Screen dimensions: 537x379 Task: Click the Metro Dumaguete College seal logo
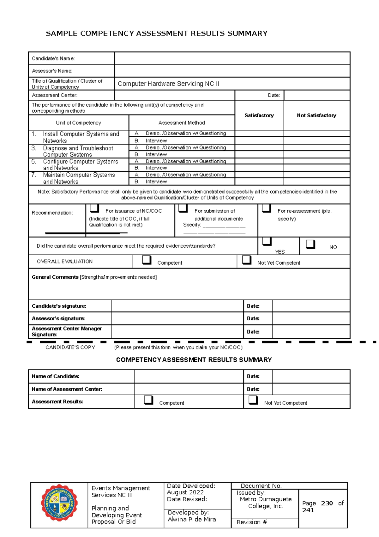pyautogui.click(x=59, y=503)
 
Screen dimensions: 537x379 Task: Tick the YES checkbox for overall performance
pyautogui.click(x=267, y=241)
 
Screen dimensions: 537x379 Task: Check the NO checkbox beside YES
pyautogui.click(x=310, y=244)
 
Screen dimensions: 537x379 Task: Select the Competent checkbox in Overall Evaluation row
pyautogui.click(x=147, y=260)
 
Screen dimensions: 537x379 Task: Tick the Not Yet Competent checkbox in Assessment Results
pyautogui.click(x=253, y=400)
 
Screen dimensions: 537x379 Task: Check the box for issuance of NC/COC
pyautogui.click(x=94, y=208)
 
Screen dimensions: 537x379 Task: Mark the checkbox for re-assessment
pyautogui.click(x=266, y=208)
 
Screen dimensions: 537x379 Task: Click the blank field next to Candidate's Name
pyautogui.click(x=232, y=59)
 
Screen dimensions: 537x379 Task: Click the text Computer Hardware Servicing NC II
pyautogui.click(x=168, y=84)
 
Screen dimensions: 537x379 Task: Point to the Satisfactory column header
pyautogui.click(x=259, y=115)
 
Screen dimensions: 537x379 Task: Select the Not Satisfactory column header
pyautogui.click(x=316, y=115)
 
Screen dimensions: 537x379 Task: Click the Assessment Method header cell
pyautogui.click(x=182, y=123)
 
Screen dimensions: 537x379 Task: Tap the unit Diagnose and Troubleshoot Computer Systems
pyautogui.click(x=78, y=151)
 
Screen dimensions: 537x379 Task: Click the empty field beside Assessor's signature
pyautogui.click(x=177, y=318)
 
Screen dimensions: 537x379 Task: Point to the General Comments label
pyautogui.click(x=55, y=277)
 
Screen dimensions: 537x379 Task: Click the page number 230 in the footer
pyautogui.click(x=327, y=503)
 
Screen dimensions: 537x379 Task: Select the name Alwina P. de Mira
pyautogui.click(x=192, y=519)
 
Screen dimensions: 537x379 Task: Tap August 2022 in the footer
pyautogui.click(x=185, y=492)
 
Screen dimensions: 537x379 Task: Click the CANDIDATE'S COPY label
pyautogui.click(x=70, y=347)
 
